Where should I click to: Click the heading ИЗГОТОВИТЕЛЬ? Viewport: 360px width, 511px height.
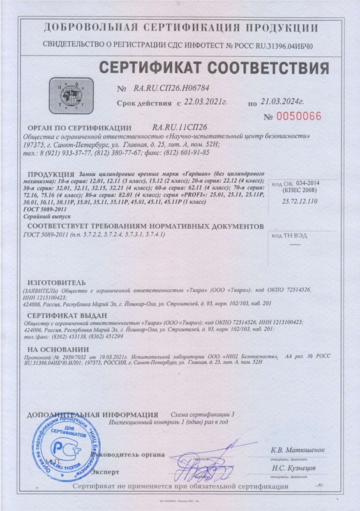55,281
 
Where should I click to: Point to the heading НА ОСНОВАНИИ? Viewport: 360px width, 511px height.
54,350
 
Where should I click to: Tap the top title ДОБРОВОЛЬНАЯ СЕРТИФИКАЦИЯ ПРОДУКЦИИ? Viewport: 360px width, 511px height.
181,29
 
